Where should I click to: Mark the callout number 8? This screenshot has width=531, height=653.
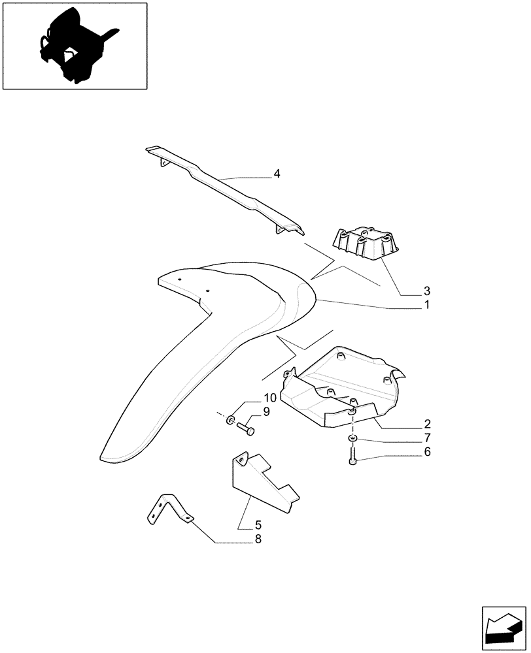click(x=240, y=539)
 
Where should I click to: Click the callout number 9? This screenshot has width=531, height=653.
click(x=266, y=411)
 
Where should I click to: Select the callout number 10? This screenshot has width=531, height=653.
click(x=270, y=398)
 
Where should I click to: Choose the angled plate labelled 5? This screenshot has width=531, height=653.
click(x=262, y=486)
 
